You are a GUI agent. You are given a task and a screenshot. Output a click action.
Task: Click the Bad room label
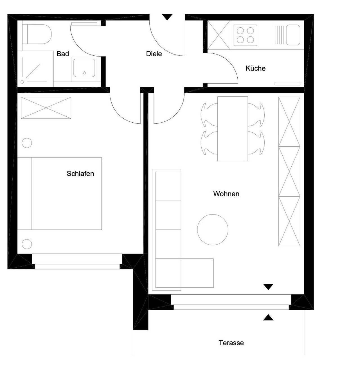(x=63, y=54)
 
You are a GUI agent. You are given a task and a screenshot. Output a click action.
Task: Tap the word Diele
(x=154, y=54)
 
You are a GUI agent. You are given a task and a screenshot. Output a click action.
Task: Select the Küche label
(x=255, y=68)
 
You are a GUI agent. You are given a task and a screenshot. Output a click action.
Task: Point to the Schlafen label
(x=80, y=173)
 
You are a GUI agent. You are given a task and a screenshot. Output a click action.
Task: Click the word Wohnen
(x=226, y=194)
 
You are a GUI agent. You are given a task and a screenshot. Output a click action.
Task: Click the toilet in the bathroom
(x=37, y=34)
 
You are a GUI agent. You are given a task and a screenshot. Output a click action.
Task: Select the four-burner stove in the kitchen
(x=245, y=35)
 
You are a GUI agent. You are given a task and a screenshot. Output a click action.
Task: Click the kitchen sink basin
(x=293, y=35)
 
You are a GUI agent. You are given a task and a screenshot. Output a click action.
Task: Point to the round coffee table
(x=213, y=229)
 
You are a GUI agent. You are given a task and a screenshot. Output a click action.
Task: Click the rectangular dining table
(x=233, y=129)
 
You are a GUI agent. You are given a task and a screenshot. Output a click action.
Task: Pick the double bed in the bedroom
(x=60, y=193)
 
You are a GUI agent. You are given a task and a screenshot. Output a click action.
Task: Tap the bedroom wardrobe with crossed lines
(x=46, y=108)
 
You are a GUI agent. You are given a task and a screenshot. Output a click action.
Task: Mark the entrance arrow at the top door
(x=167, y=17)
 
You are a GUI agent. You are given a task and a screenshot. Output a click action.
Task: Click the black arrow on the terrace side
(x=268, y=317)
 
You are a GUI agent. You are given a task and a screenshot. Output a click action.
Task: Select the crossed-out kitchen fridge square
(x=219, y=35)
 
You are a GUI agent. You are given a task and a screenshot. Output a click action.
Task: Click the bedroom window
(x=77, y=261)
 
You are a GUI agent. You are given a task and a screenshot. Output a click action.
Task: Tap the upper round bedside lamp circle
(x=27, y=143)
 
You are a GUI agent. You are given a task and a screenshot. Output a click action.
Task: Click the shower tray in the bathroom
(x=35, y=69)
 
